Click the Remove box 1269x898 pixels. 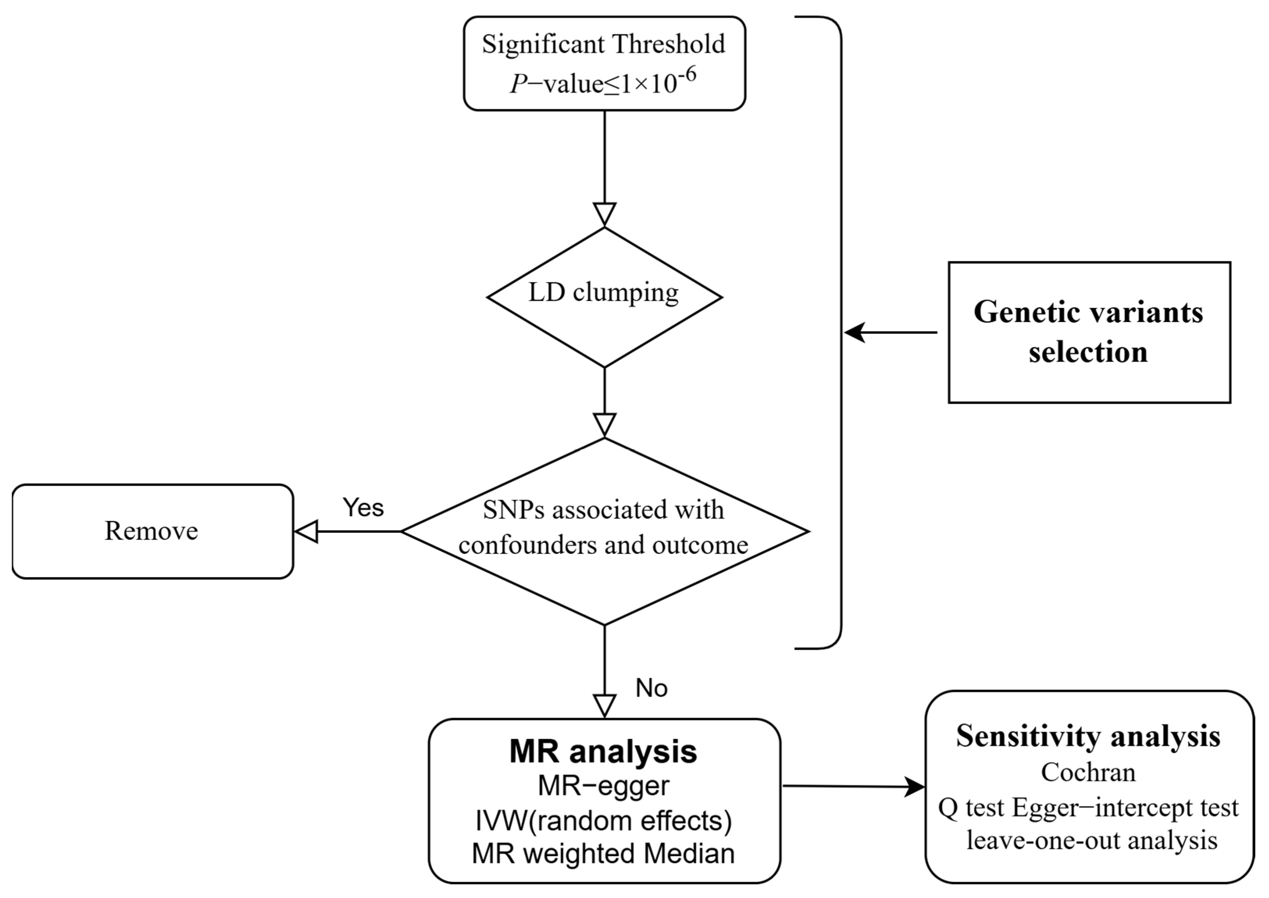coord(152,532)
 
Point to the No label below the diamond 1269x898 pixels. coord(651,688)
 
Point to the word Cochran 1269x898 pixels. coord(1088,772)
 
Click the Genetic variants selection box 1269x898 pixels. coord(1089,333)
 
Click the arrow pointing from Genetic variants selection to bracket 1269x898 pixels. coord(891,333)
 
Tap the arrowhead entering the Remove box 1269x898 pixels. coord(306,532)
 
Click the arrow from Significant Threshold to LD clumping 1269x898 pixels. coord(604,166)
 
